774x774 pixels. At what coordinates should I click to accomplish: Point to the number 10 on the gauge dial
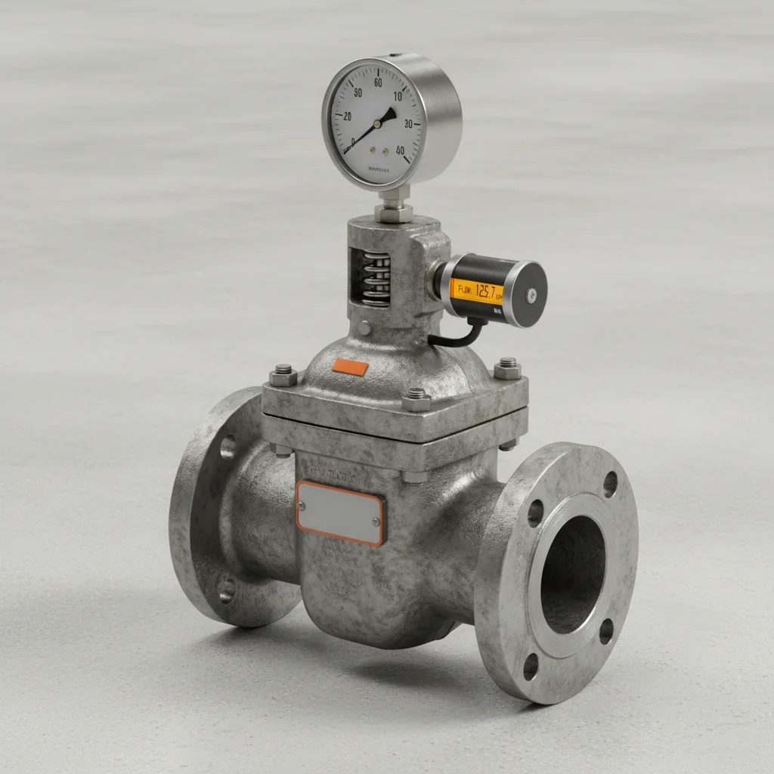[x=398, y=96]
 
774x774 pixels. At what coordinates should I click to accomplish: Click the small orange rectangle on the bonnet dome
[x=350, y=367]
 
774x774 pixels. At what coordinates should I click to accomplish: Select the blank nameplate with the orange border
[x=340, y=512]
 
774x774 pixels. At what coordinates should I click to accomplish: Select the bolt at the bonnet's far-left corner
[x=283, y=374]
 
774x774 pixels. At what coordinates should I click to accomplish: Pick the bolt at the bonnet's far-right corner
[x=507, y=368]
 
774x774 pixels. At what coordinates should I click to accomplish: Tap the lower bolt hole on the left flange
[x=226, y=592]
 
